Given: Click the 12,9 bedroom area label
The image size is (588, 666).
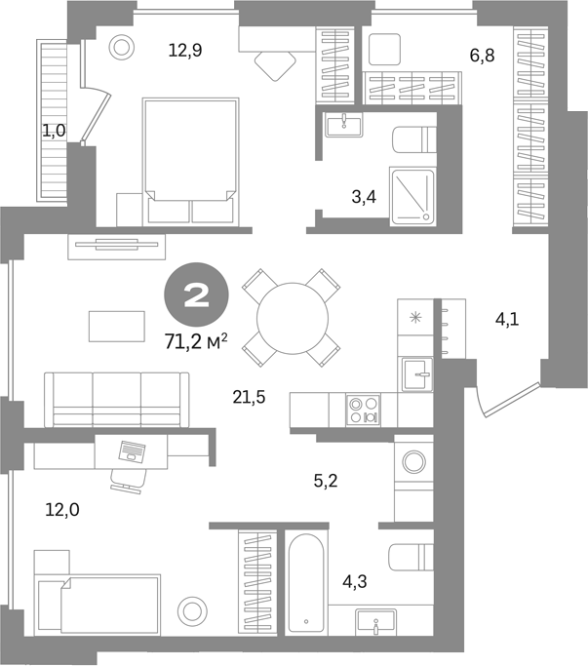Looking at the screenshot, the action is (185, 51).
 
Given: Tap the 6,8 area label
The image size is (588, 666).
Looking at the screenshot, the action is (483, 56).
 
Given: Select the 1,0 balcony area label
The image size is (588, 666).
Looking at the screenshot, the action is (54, 131).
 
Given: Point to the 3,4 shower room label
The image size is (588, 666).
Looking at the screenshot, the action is (364, 197).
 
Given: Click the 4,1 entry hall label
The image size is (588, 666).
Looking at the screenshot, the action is (507, 319).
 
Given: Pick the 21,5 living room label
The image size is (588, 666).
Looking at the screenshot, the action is (249, 397).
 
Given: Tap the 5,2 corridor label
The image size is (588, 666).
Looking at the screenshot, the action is (326, 481).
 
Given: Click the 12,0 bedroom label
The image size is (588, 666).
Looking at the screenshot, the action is (62, 509).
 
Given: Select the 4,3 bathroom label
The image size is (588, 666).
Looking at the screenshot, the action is (355, 581).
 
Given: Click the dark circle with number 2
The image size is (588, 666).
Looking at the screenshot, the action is (197, 294).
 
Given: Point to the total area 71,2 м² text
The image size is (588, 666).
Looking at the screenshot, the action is (196, 341).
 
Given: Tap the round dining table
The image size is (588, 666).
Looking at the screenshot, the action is (293, 318).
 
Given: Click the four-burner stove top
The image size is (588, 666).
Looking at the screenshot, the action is (364, 410).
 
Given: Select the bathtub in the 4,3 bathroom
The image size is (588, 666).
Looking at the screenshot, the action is (306, 583).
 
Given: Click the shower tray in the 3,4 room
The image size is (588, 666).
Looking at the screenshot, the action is (412, 197).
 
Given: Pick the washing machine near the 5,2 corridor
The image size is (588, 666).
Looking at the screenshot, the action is (413, 461).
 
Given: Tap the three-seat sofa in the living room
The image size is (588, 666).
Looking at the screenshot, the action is (117, 400).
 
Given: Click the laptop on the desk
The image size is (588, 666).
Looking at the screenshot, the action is (133, 451).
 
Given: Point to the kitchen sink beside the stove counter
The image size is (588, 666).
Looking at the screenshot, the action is (417, 374).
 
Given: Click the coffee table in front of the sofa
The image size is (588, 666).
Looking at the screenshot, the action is (117, 327).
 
